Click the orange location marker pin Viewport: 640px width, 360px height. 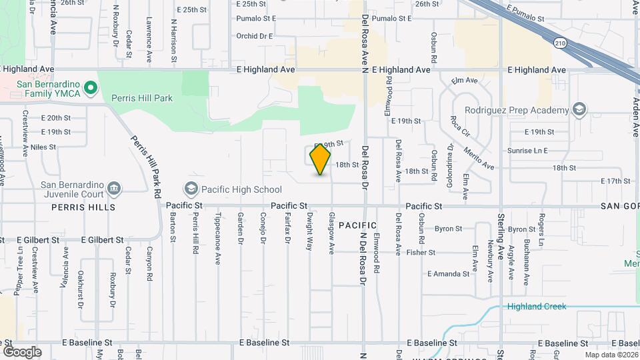coord(321,159)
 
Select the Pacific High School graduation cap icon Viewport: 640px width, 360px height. coord(191,189)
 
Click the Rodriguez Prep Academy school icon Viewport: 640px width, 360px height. coord(579,109)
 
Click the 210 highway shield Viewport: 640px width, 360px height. coord(559,43)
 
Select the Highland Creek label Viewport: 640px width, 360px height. coord(536,307)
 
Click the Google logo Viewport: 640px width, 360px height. coord(22,351)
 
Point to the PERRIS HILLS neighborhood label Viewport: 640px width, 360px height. coord(83,207)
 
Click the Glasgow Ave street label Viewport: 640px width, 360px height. coord(331,233)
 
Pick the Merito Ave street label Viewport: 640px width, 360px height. coord(480,159)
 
